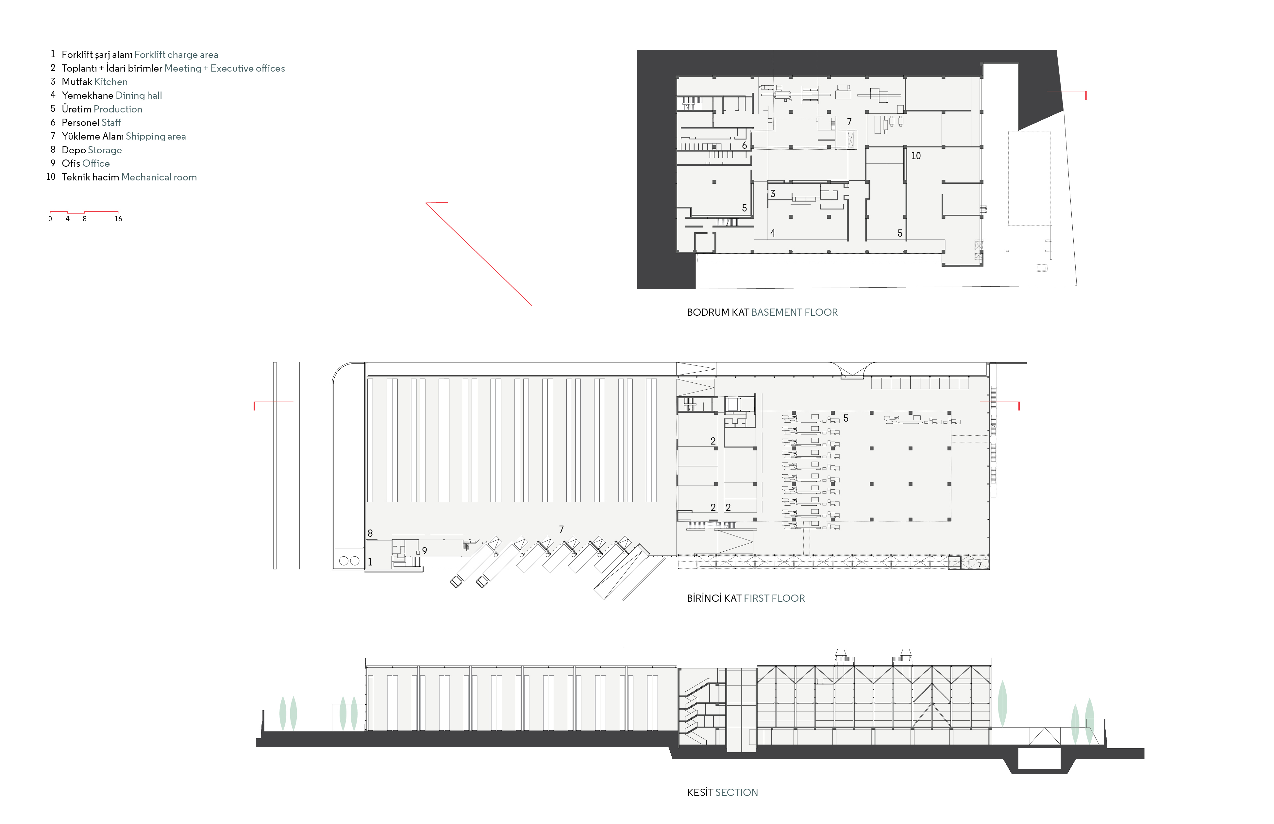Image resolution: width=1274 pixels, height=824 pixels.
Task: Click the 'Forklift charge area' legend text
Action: click(x=176, y=55)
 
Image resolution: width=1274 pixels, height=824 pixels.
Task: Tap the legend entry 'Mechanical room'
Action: click(x=159, y=177)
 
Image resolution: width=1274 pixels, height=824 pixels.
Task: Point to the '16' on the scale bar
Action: click(x=118, y=219)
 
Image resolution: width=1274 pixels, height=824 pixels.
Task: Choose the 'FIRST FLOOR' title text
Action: click(x=774, y=598)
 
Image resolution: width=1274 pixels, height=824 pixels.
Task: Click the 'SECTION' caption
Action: click(x=736, y=792)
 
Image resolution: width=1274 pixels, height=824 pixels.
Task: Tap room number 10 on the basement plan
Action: click(x=915, y=156)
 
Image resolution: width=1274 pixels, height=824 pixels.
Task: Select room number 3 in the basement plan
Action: click(x=773, y=194)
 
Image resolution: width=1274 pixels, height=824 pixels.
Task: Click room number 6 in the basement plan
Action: click(x=744, y=145)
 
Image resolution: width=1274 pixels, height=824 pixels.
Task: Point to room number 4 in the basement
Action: click(x=773, y=233)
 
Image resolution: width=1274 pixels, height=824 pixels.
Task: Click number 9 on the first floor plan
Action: click(x=424, y=550)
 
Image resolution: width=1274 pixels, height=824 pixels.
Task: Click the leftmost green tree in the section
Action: click(x=282, y=713)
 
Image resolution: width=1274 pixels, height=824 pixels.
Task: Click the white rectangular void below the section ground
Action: click(x=1039, y=759)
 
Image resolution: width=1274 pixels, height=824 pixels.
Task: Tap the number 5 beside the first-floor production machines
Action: click(x=846, y=418)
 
